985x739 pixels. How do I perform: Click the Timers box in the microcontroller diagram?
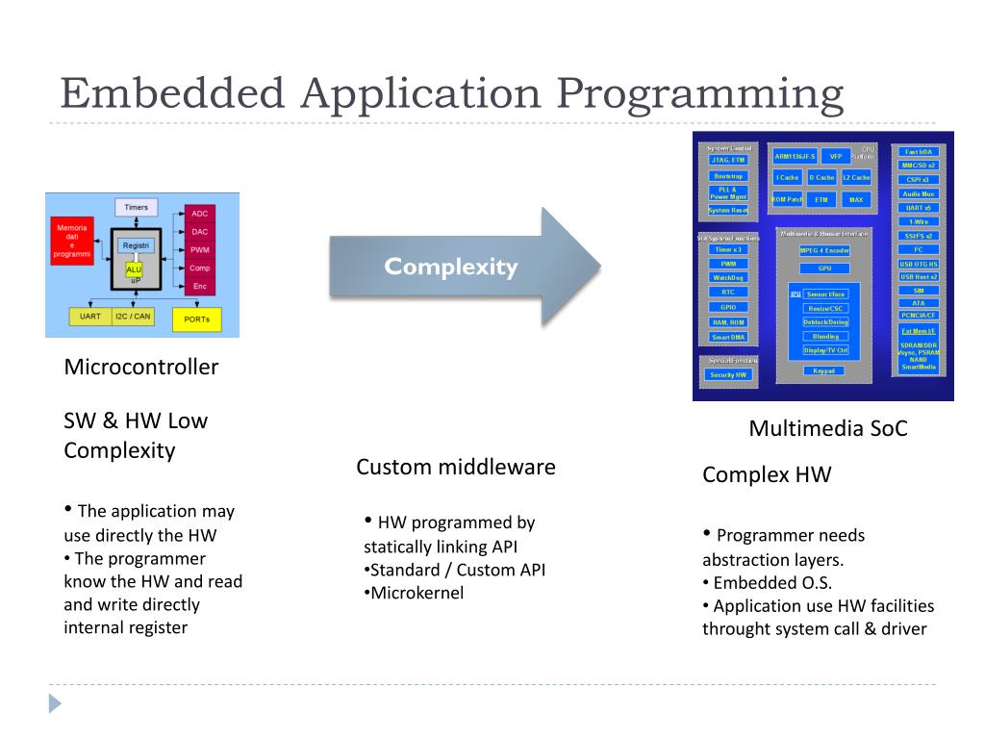(x=137, y=207)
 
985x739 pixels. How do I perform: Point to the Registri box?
(x=136, y=246)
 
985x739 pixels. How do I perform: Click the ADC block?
(x=200, y=213)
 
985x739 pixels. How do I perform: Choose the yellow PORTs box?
(x=196, y=319)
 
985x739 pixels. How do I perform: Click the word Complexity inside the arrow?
(x=450, y=268)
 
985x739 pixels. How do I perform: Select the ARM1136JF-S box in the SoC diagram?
(x=795, y=156)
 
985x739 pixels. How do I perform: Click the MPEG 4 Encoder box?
(x=824, y=250)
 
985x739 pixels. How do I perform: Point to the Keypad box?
(x=824, y=370)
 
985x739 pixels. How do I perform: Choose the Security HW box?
(x=728, y=374)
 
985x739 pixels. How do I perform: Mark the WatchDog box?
(x=728, y=277)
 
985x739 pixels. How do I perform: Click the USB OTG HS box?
(x=918, y=264)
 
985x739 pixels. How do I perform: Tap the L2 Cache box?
(x=856, y=177)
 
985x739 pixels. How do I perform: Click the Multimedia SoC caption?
(x=827, y=428)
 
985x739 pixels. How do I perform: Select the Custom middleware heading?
(x=456, y=468)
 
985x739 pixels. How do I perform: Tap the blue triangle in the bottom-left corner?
(x=55, y=703)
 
